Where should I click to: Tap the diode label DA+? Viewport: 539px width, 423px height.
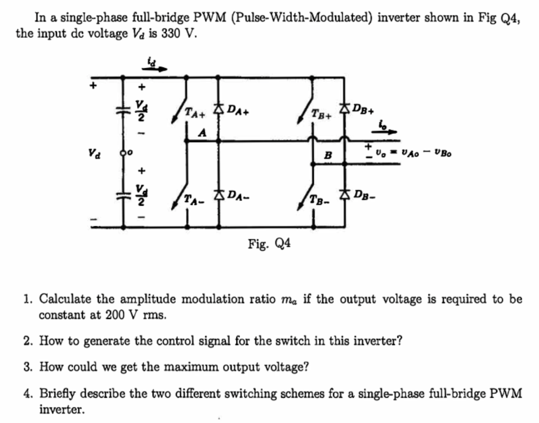239,110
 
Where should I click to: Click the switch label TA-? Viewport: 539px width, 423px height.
192,200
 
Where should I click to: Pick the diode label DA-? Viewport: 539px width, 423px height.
238,196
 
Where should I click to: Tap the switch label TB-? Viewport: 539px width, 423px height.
320,200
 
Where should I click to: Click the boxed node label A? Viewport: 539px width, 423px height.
201,134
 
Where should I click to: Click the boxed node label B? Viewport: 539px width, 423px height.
327,156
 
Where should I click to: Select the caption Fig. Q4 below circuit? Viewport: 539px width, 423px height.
269,243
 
